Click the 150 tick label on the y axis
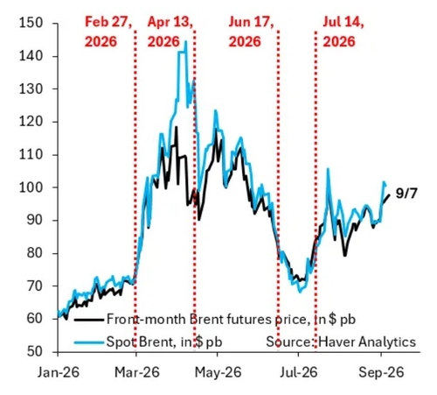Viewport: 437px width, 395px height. click(x=31, y=23)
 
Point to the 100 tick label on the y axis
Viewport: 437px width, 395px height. click(x=31, y=187)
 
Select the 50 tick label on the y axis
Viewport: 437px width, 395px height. click(x=35, y=351)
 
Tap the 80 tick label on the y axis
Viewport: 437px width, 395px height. click(x=35, y=253)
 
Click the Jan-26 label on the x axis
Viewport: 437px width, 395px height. click(x=59, y=372)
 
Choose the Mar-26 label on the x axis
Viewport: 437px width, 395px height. click(x=137, y=372)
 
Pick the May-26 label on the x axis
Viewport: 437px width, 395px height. click(x=218, y=372)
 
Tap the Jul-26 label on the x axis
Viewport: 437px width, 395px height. click(x=299, y=372)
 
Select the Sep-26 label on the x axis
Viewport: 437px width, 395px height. click(x=381, y=372)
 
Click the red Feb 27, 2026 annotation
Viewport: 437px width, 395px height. click(x=108, y=32)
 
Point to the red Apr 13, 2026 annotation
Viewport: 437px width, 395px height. click(x=170, y=32)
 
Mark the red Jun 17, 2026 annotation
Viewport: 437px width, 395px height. click(x=251, y=32)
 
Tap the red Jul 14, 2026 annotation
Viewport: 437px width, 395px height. click(x=343, y=32)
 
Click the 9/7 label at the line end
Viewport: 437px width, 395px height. click(x=406, y=194)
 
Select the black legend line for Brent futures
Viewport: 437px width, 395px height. click(x=89, y=320)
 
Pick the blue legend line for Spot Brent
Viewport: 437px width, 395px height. click(x=89, y=342)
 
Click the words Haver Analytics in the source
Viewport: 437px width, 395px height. click(x=367, y=342)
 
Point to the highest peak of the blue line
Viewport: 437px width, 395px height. click(x=186, y=41)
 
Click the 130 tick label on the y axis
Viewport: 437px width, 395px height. click(x=31, y=88)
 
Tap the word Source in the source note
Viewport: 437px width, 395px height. click(x=289, y=342)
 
